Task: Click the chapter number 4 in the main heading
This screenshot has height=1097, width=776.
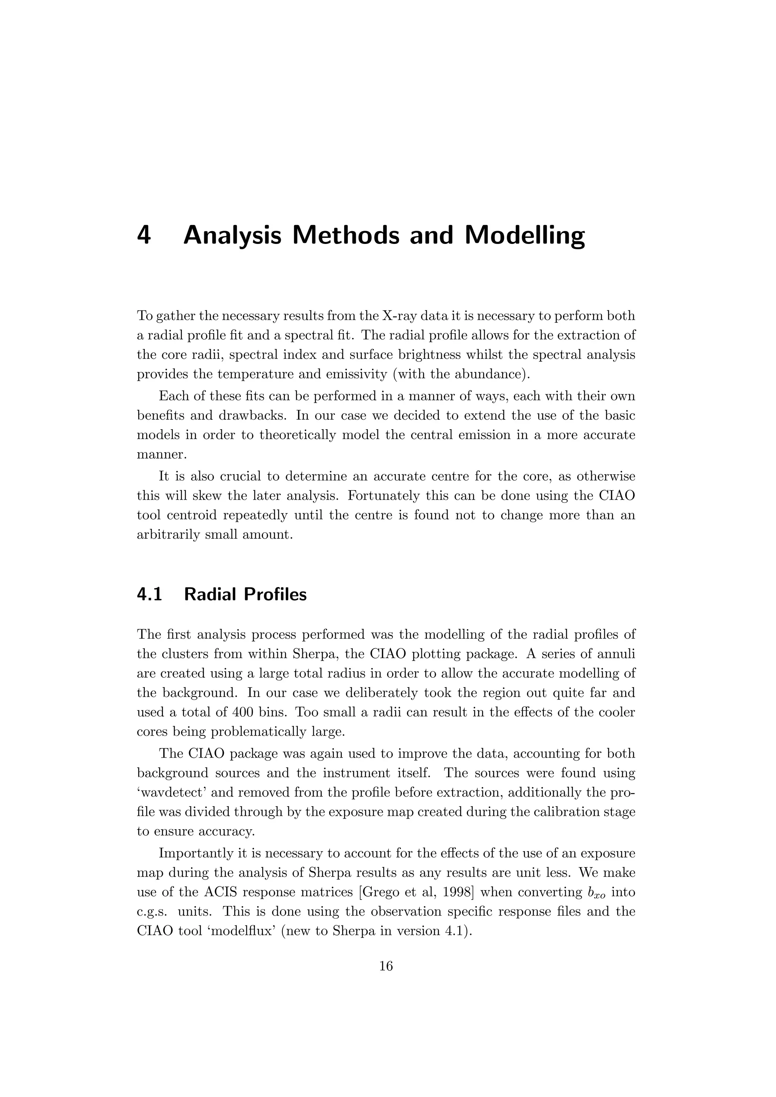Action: click(144, 236)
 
